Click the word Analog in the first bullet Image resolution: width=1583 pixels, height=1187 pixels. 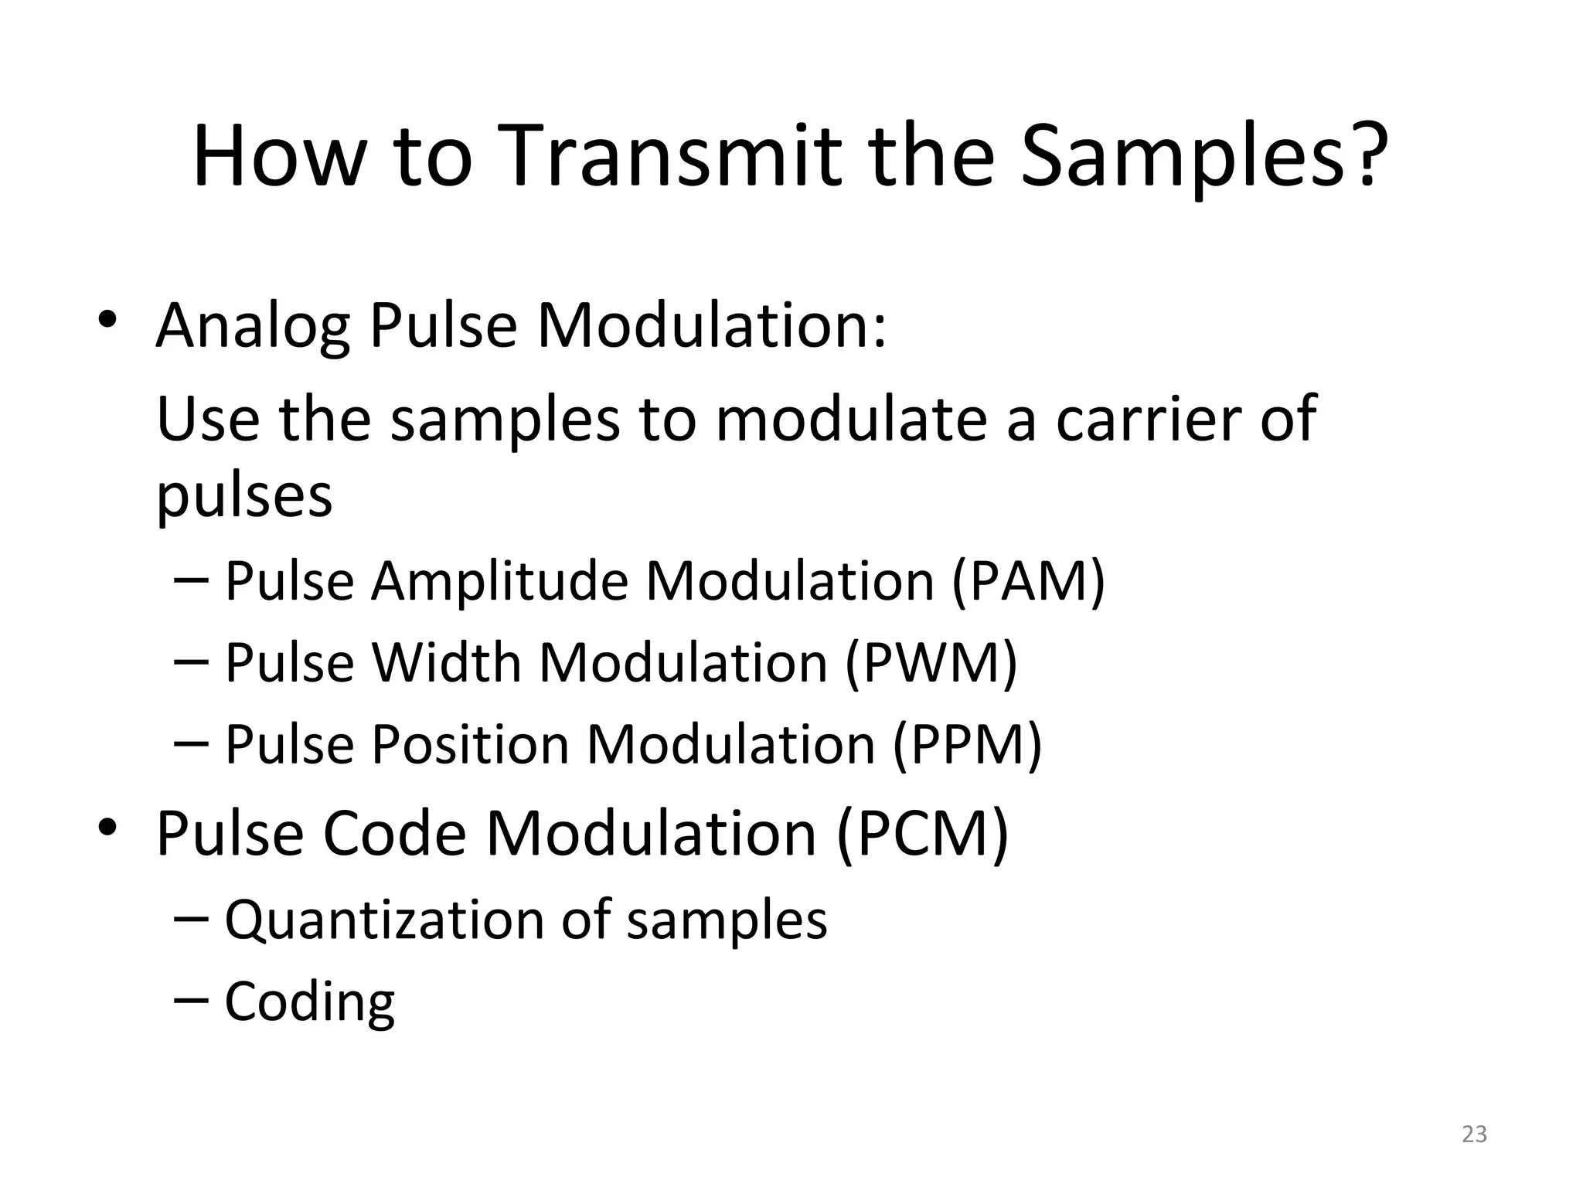[x=252, y=326]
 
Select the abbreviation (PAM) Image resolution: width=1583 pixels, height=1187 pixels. [x=1029, y=580]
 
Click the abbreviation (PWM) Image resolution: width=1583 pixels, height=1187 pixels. [x=931, y=662]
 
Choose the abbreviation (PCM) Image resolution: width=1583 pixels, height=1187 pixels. [x=922, y=833]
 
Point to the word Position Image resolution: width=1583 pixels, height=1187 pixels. [x=471, y=744]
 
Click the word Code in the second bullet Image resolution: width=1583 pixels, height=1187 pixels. [x=394, y=833]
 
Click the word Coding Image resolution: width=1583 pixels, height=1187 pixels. [x=309, y=1002]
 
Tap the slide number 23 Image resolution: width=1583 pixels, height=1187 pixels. [x=1475, y=1134]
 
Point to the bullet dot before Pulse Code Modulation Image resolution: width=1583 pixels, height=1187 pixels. [x=107, y=828]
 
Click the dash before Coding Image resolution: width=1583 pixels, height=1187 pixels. [x=192, y=999]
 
